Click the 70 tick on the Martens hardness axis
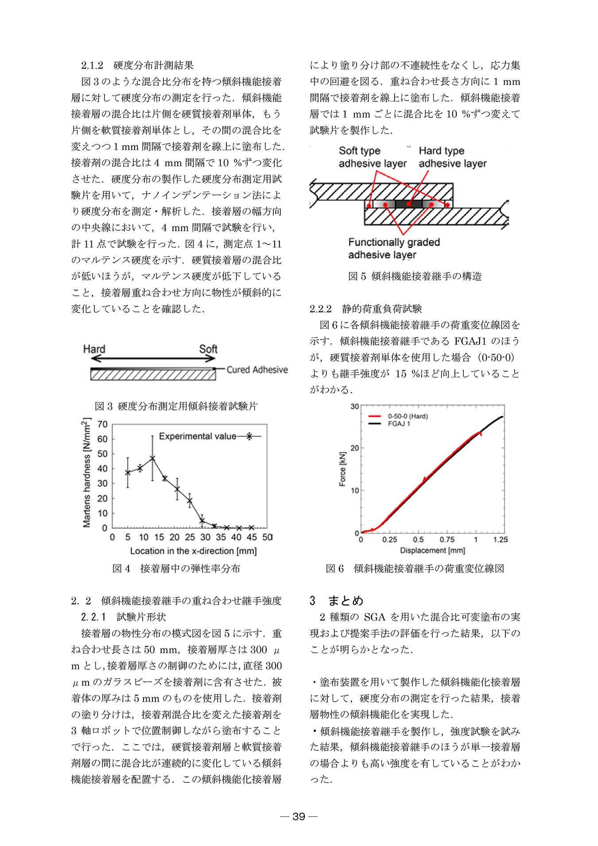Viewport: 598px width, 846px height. (102, 424)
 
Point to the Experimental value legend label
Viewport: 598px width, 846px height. (198, 436)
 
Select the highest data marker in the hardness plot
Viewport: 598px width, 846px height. (152, 458)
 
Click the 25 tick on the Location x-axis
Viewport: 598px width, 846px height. (190, 537)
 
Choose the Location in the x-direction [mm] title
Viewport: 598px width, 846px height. (193, 551)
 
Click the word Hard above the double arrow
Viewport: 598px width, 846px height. (94, 349)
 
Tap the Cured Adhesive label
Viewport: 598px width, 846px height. (257, 370)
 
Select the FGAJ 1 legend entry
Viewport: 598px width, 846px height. (399, 424)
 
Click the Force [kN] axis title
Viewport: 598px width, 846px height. (342, 469)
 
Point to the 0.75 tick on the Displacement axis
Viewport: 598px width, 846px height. (447, 539)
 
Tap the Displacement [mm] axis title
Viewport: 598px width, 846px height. (432, 551)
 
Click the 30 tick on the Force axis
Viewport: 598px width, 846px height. (354, 407)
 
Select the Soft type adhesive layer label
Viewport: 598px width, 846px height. (372, 157)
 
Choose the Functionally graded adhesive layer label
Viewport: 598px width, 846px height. (394, 248)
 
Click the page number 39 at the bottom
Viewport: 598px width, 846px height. (299, 816)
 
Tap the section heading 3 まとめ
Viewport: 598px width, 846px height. (337, 601)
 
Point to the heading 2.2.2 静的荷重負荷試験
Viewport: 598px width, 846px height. (365, 309)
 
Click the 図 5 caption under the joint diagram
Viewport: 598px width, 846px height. (415, 276)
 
